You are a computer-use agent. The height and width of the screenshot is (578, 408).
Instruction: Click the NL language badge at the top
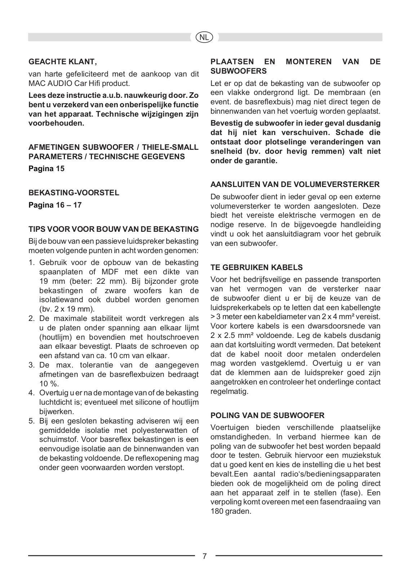(204, 37)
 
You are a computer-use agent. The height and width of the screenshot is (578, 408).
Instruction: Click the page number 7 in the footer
(205, 556)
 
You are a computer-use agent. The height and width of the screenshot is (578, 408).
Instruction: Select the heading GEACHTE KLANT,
(63, 62)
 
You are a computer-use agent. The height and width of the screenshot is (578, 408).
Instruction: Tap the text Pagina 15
(46, 169)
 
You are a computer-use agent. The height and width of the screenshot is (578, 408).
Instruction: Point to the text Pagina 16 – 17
(55, 205)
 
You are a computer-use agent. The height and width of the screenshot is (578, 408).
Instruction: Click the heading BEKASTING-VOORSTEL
(74, 192)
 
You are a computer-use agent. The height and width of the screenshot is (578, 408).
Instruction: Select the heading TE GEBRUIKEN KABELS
(257, 268)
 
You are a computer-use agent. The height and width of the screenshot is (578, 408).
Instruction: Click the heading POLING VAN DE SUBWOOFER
(267, 415)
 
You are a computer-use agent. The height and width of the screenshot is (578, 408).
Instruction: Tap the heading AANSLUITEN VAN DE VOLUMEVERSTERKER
(295, 184)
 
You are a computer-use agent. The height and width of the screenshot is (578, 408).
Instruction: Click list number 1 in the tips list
(32, 262)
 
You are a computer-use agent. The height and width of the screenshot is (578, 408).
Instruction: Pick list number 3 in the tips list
(32, 364)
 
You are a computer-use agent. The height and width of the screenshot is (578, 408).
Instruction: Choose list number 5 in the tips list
(32, 421)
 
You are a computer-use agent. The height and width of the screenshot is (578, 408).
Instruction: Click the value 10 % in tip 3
(49, 383)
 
